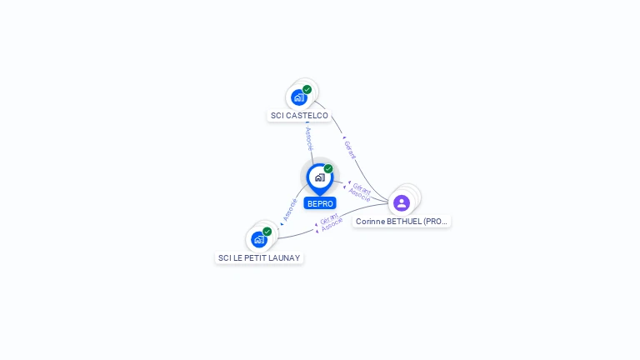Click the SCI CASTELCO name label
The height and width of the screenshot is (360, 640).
tap(299, 116)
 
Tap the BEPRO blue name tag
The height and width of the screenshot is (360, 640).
tap(320, 203)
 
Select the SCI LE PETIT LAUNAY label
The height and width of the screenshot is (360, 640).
tap(259, 258)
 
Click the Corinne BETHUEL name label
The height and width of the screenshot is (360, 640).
tap(402, 222)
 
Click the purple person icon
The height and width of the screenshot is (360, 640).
tap(402, 202)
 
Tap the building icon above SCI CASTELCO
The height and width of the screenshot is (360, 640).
tap(299, 97)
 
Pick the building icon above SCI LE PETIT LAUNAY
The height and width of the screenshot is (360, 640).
tap(259, 240)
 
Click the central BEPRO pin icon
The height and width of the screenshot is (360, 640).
tap(319, 177)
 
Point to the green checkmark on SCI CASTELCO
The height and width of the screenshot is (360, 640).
tap(307, 89)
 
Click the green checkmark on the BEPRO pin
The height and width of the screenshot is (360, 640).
tap(328, 169)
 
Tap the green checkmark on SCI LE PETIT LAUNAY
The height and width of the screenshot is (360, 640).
tap(267, 232)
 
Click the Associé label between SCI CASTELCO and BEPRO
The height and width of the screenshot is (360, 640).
tap(308, 138)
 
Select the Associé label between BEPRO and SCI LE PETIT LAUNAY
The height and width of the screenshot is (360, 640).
tap(290, 209)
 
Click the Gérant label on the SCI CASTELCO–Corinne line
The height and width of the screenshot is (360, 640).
tap(350, 150)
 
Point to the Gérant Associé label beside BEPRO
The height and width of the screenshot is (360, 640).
tap(361, 192)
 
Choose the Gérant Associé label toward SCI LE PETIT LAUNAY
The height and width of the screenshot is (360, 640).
tap(331, 222)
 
